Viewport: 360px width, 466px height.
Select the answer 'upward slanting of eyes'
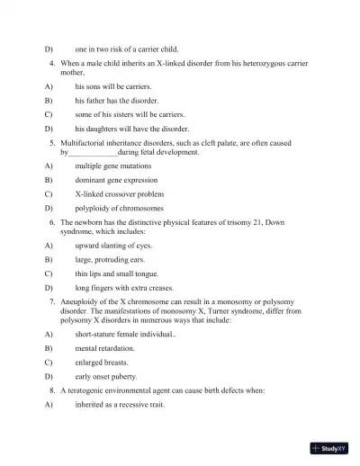[x=113, y=245]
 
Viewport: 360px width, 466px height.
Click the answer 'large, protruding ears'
[x=112, y=258]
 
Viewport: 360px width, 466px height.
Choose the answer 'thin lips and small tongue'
[x=117, y=273]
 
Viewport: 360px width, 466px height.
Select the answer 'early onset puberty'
[x=106, y=376]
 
